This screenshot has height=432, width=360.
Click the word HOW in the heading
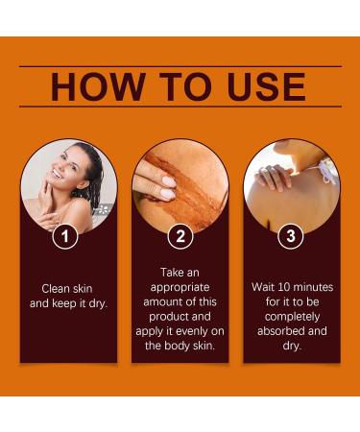[94, 87]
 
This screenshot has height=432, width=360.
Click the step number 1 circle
[65, 235]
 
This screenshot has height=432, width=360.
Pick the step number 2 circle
[179, 235]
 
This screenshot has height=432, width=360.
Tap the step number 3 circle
[292, 235]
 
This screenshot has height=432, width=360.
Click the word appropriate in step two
[180, 287]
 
